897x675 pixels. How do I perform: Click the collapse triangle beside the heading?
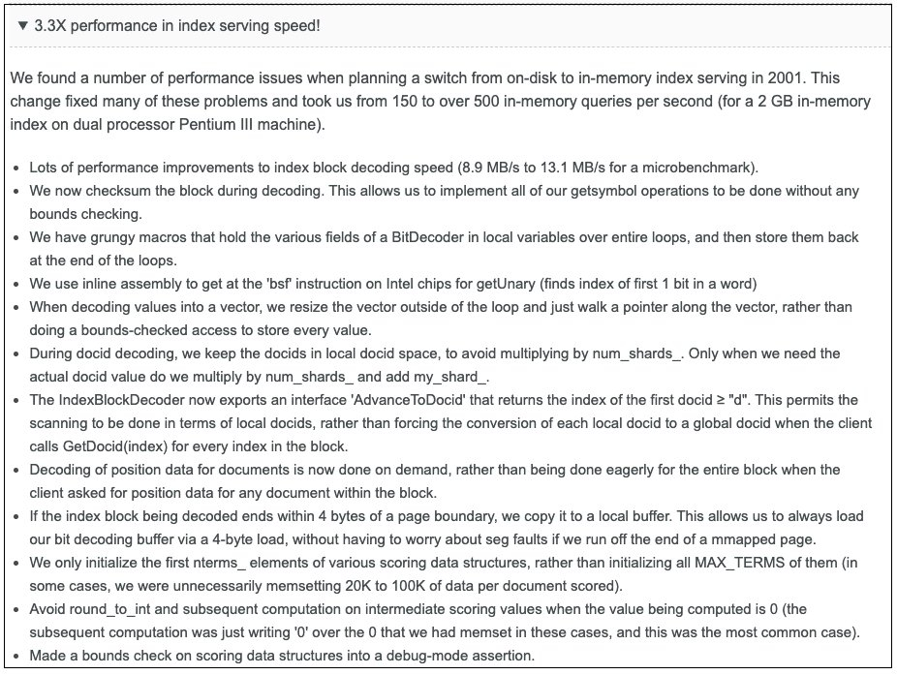[23, 25]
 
